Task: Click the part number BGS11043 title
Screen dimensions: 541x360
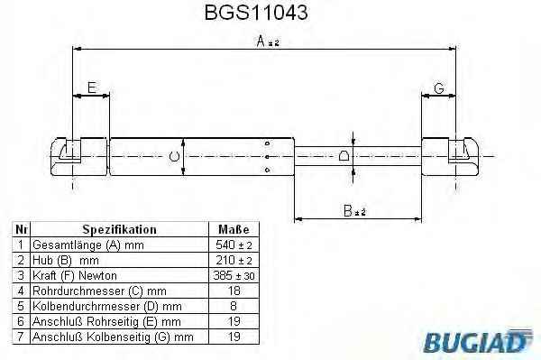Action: pos(256,13)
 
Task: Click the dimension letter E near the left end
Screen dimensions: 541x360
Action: pos(92,88)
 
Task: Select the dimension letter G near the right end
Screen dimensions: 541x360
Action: pos(439,88)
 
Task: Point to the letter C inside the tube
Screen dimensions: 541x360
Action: pos(175,157)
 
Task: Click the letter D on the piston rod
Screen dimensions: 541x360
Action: pos(344,156)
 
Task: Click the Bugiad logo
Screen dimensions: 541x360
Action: pos(478,341)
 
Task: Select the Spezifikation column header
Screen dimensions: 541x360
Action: pos(119,229)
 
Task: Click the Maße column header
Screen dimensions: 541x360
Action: pos(234,229)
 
